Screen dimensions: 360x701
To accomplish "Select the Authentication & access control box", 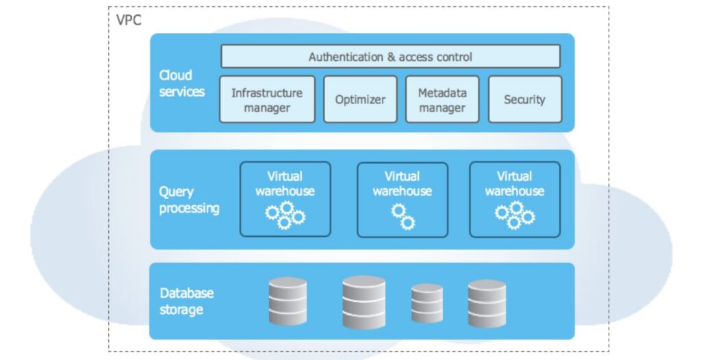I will [390, 57].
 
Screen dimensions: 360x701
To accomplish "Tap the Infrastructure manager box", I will [267, 99].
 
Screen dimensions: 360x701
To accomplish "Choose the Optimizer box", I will [360, 99].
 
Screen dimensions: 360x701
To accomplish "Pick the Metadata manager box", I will [442, 99].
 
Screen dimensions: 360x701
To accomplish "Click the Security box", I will [524, 99].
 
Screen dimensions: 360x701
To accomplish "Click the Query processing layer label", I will [189, 200].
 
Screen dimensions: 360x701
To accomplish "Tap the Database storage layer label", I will [186, 301].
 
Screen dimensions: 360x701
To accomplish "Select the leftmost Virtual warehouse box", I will [285, 198].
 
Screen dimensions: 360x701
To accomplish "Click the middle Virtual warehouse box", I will [403, 198].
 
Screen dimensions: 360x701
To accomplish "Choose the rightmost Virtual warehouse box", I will [515, 198].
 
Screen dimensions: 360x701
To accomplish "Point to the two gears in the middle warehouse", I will [403, 216].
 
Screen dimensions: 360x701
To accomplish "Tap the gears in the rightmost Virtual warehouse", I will [515, 215].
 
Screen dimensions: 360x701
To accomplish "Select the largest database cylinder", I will [364, 301].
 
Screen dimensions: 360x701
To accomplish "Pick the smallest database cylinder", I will [428, 303].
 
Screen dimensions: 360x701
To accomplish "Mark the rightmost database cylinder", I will [487, 303].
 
